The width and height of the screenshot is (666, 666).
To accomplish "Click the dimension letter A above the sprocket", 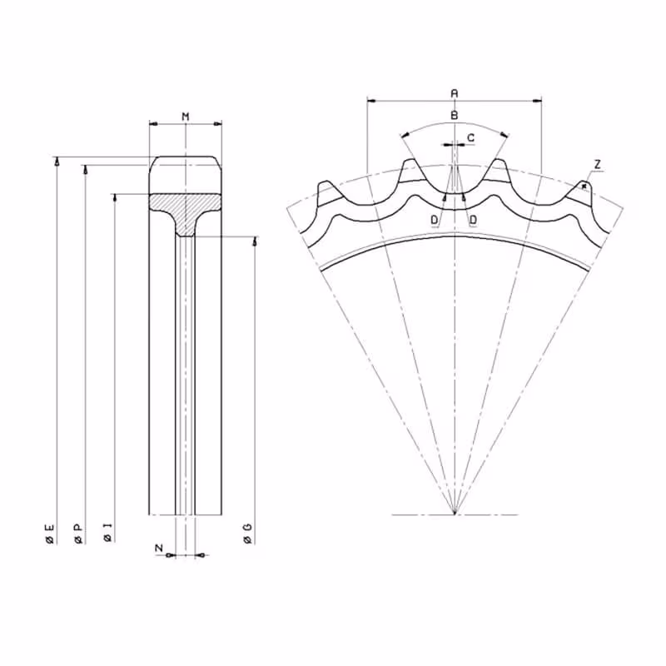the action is coord(455,93).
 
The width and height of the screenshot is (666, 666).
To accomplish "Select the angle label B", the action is coord(455,115).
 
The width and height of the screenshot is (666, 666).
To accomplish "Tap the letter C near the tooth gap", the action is coord(470,137).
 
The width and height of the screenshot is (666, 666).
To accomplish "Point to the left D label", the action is coord(434,220).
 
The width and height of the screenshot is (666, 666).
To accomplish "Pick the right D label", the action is coord(473,220).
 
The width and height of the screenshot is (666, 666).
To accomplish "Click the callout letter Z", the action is coord(598,164).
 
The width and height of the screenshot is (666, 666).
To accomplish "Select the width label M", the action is coord(186,117).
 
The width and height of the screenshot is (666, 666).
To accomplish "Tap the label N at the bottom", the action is coord(159,548).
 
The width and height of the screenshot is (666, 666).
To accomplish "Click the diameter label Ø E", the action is coord(50,534).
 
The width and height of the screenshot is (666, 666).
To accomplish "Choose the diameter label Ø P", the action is coord(78,534).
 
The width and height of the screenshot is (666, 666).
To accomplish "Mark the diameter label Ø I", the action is coord(108,533).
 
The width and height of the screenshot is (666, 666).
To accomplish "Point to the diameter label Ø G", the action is coord(247,534).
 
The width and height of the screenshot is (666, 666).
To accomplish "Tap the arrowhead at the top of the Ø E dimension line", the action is coord(57,160).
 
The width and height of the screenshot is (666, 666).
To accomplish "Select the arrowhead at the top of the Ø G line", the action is coord(255,241).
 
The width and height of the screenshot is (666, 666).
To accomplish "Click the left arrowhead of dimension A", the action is coord(371,101).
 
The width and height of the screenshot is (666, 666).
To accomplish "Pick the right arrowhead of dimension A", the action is coord(537,101).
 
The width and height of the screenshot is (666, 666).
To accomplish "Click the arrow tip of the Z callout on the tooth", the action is coord(584,186).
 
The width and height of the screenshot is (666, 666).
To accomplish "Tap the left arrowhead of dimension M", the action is coord(154,124).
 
